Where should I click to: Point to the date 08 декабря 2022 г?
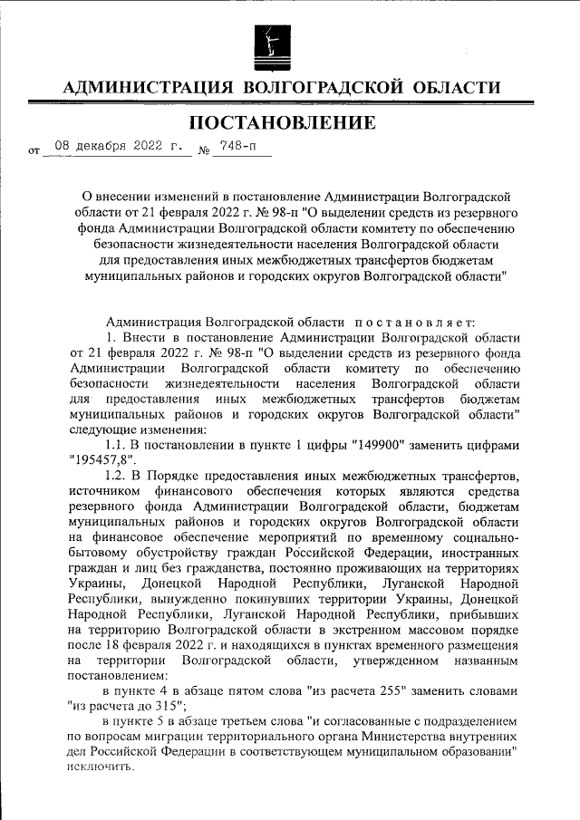point(118,145)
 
